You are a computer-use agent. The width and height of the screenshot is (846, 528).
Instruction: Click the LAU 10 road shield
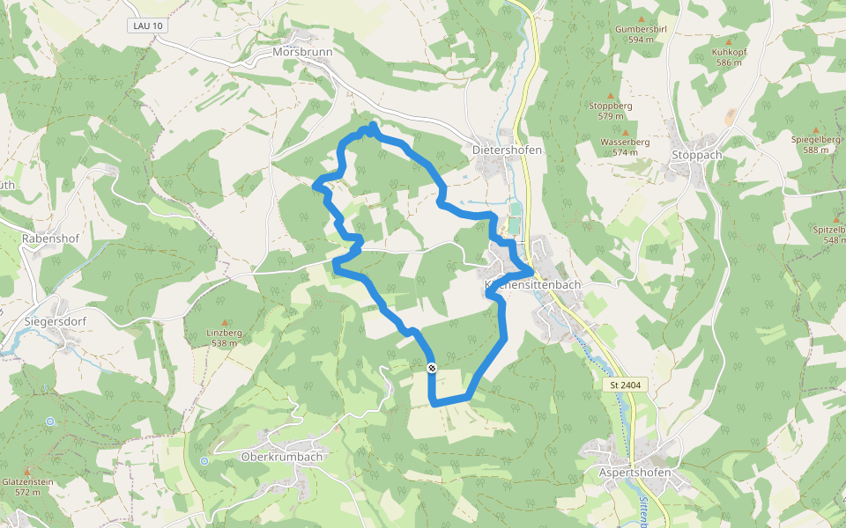147,26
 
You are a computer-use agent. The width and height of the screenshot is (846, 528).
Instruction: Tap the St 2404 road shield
626,385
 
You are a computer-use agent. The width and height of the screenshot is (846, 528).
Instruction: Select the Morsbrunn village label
302,51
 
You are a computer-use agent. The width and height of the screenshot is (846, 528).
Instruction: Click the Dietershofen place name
507,150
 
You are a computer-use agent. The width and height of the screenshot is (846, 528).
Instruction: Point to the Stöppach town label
696,155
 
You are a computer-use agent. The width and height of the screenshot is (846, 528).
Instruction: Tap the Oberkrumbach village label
282,457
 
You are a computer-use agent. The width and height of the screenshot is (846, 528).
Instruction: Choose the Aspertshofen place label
634,473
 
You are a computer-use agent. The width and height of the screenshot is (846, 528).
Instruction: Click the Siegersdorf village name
55,321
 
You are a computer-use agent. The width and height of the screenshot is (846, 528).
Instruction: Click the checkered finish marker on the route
432,368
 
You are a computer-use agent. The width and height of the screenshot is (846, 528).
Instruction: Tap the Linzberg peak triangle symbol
224,323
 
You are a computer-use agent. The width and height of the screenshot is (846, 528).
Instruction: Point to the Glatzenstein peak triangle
27,473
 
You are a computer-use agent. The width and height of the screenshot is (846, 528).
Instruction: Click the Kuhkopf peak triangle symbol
729,41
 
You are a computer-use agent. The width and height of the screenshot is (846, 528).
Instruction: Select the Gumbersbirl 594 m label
640,33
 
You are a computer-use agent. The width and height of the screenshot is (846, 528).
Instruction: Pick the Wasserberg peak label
625,147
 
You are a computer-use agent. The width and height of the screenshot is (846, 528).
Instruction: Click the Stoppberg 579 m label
610,110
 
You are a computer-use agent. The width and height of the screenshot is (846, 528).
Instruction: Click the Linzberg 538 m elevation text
224,337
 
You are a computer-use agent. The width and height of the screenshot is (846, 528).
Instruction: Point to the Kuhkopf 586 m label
729,57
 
